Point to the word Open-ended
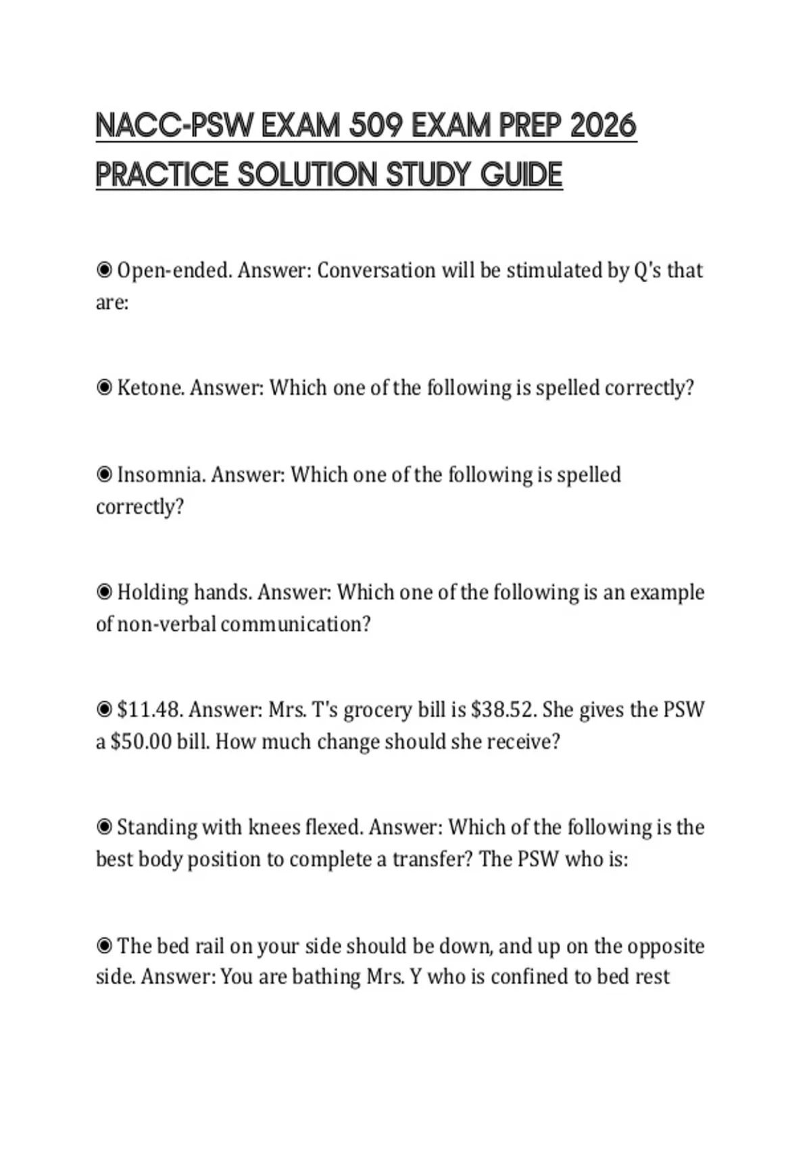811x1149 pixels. point(174,270)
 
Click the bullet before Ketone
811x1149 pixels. point(104,388)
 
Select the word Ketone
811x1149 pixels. point(151,388)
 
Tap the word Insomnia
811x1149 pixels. point(161,474)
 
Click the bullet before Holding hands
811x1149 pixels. point(104,593)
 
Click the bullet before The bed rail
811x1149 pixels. point(104,946)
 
